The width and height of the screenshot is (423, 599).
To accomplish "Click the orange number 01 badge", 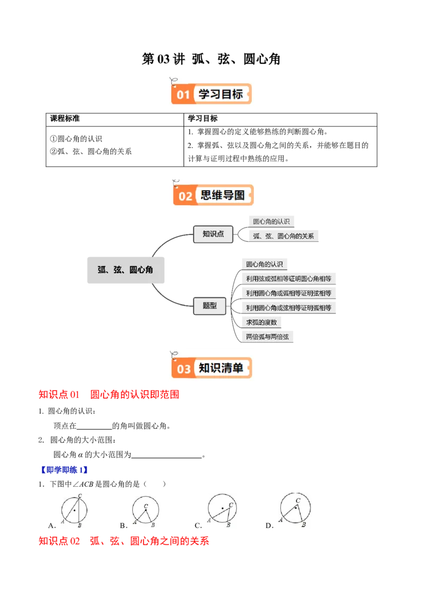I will tap(183, 95).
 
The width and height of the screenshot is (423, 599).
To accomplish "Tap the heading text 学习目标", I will tap(220, 94).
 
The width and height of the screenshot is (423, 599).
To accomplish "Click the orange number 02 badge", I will tap(185, 196).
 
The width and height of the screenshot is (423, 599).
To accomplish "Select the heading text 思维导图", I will tap(223, 195).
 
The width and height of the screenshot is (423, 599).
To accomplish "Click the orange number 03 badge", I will tap(183, 368).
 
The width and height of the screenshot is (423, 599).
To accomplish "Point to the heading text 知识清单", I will tap(221, 368).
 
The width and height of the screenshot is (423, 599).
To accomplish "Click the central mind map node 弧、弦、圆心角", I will tap(125, 270).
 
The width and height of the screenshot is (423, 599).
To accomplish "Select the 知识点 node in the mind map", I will tap(213, 234).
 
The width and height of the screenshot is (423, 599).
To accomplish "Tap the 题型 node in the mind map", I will tap(210, 305).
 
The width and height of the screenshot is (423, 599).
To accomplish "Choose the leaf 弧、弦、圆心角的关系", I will tap(283, 236).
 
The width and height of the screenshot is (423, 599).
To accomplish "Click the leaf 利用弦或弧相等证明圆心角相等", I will tap(289, 278).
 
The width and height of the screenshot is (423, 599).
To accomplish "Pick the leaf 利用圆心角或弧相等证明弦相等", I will tap(289, 293).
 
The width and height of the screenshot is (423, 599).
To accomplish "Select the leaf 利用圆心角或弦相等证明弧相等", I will tap(289, 307).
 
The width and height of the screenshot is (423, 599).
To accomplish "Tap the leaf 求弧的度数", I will tap(261, 322).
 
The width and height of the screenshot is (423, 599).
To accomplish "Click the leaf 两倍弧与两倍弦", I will tap(268, 337).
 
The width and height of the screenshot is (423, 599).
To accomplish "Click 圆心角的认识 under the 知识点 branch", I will tap(271, 221).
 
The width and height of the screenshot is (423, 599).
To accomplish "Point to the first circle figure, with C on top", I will tap(74, 510).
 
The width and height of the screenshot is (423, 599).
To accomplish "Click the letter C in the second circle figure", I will tap(146, 506).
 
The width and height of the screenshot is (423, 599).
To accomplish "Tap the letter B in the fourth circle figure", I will tap(304, 525).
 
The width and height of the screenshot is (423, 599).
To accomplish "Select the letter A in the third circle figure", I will tap(209, 521).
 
